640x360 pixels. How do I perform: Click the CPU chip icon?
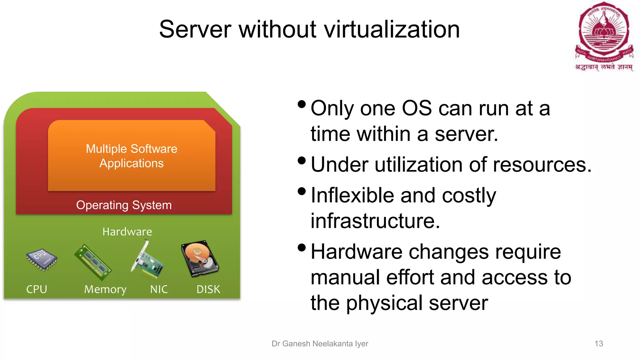point(42,259)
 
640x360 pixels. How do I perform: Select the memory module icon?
point(93,262)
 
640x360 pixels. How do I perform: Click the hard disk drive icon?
point(200,258)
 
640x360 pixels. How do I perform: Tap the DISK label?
point(208,289)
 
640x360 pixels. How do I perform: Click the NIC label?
point(159,289)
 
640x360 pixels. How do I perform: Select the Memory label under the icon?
point(105,290)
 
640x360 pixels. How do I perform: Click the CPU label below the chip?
point(37,289)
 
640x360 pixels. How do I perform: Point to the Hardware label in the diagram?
point(127,232)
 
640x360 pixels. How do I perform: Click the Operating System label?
point(124,205)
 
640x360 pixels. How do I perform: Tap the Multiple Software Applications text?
point(132,156)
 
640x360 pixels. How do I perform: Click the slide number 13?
point(598,344)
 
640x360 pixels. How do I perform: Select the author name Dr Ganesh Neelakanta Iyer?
point(320,344)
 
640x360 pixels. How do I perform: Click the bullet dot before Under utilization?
point(302,161)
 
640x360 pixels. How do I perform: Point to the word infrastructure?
point(375,221)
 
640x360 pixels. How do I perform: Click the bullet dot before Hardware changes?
point(302,248)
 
